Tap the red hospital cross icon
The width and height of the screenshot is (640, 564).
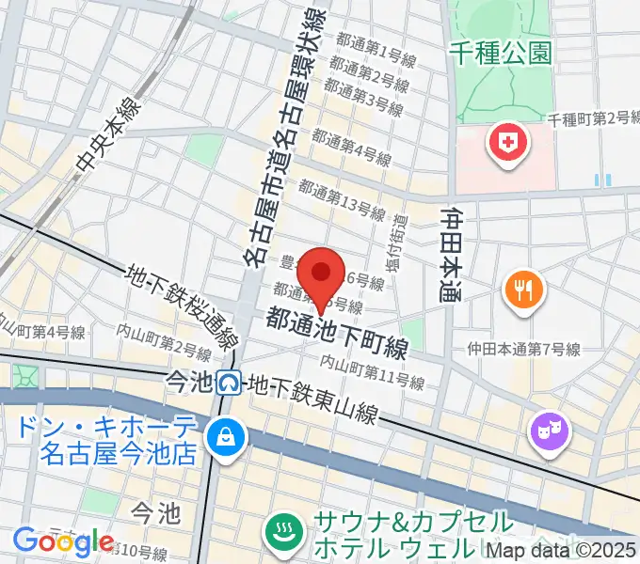tap(500, 144)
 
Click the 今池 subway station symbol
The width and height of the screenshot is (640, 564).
tap(228, 382)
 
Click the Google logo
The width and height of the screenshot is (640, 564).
tap(63, 541)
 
